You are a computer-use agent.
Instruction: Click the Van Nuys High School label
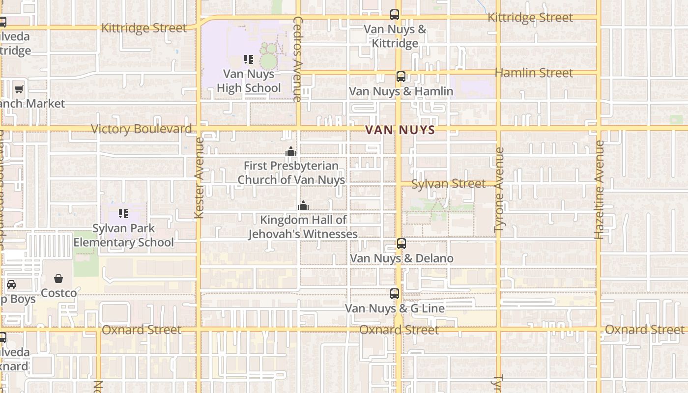(x=249, y=81)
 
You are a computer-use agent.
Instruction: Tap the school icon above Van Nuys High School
(x=249, y=59)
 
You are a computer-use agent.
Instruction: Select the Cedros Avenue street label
(x=297, y=59)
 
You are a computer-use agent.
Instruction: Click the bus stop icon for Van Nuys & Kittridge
(x=395, y=15)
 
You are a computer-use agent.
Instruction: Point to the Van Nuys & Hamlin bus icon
(x=401, y=77)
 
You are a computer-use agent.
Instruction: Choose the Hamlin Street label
(x=534, y=73)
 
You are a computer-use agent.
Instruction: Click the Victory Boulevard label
(x=142, y=129)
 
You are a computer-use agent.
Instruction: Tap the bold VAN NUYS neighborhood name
(x=400, y=130)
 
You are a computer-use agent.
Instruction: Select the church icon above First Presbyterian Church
(x=291, y=151)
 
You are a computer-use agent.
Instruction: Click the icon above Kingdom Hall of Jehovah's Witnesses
(x=303, y=205)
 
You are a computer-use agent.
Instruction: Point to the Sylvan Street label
(x=448, y=184)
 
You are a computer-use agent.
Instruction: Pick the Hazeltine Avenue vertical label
(x=600, y=190)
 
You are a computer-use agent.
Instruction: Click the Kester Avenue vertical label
(x=199, y=178)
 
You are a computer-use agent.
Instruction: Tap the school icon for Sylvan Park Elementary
(x=123, y=214)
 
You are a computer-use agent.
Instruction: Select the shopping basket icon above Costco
(x=58, y=279)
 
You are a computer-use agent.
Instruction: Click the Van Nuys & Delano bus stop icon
(x=401, y=244)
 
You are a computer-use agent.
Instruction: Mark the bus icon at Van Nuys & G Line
(x=395, y=294)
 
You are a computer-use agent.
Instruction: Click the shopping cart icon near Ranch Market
(x=19, y=89)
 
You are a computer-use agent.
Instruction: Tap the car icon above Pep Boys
(x=11, y=284)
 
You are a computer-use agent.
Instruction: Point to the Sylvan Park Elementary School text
(x=123, y=235)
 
